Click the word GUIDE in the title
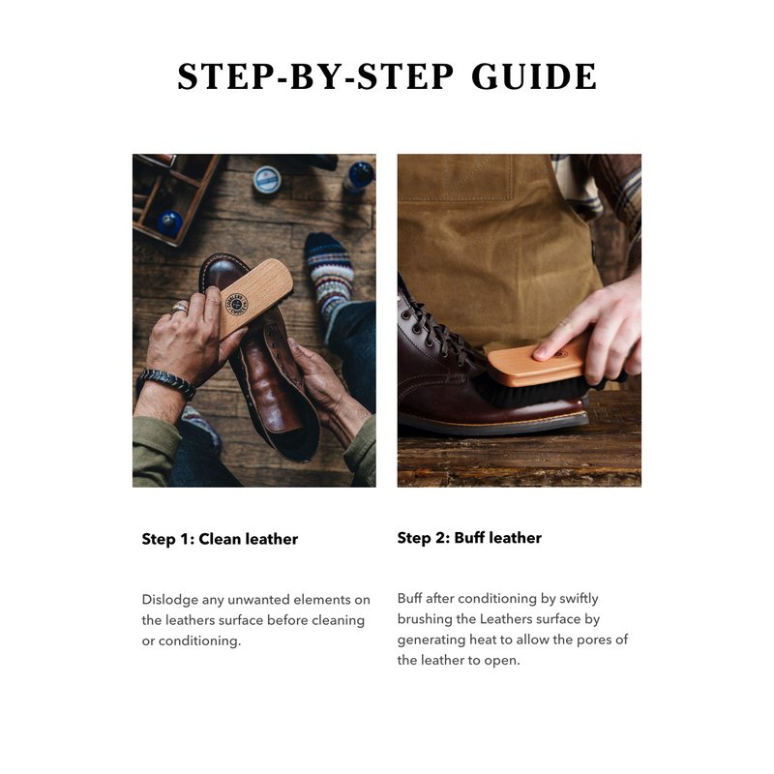(x=534, y=76)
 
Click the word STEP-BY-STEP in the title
(x=315, y=76)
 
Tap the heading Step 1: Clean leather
(x=220, y=539)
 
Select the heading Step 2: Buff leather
(x=469, y=538)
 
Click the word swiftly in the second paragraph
(x=579, y=599)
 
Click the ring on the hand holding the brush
(x=179, y=308)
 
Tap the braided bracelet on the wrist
(x=166, y=383)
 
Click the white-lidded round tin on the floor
(x=267, y=179)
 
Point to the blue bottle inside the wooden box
(x=170, y=223)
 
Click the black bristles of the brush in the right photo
(x=530, y=394)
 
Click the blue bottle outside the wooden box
(x=359, y=176)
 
